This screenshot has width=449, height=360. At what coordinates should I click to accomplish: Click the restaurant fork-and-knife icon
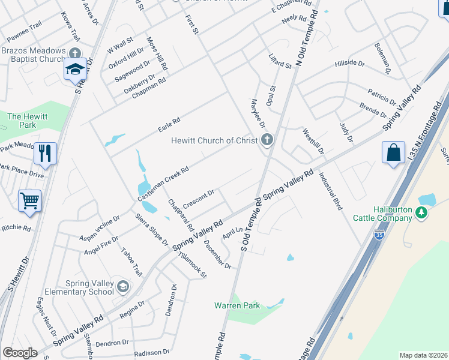click(45, 154)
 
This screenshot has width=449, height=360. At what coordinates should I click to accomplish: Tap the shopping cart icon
click(29, 202)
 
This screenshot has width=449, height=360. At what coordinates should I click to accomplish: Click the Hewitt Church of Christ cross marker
click(267, 140)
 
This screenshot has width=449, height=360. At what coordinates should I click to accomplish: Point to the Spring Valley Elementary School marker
click(123, 286)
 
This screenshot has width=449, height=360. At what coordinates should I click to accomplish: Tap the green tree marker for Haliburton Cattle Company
click(422, 212)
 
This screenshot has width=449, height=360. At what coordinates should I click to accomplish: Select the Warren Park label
click(237, 305)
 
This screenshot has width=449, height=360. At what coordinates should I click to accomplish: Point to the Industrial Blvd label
click(331, 191)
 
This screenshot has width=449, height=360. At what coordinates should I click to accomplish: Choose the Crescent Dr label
click(199, 199)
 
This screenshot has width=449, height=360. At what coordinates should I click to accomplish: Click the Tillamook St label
click(196, 265)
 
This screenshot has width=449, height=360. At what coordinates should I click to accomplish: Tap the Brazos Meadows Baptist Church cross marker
click(74, 52)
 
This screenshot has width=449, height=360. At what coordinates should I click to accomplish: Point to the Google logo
click(20, 353)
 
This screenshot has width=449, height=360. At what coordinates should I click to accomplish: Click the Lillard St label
click(280, 61)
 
